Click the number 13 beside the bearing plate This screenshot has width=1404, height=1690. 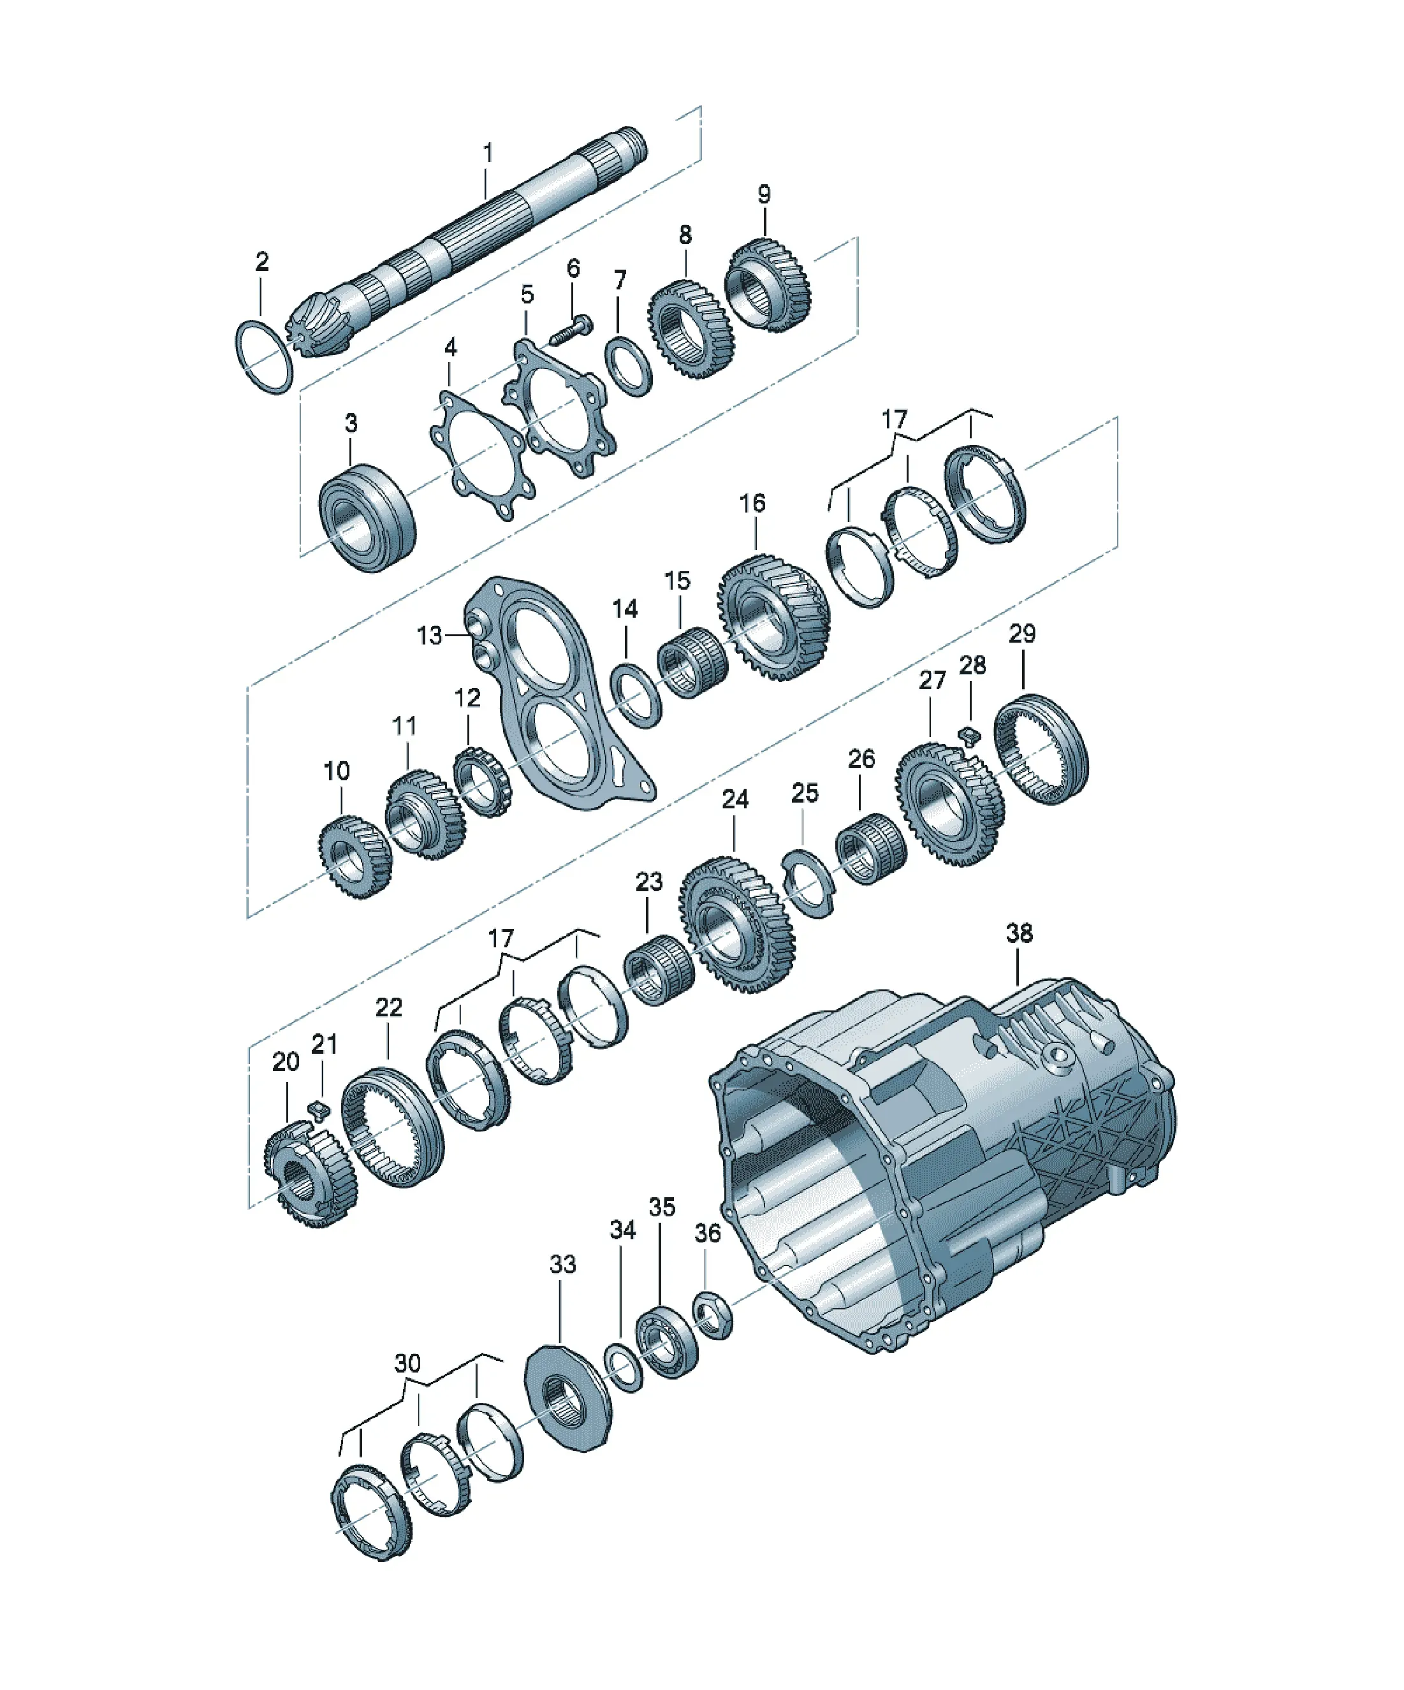coord(429,636)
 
